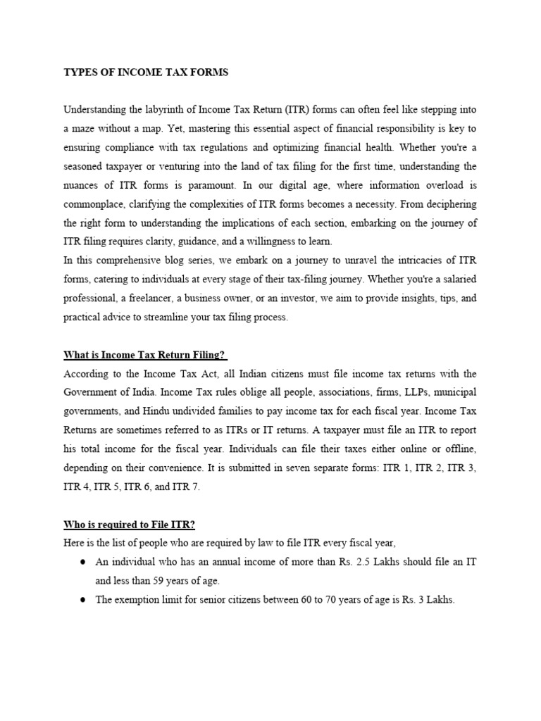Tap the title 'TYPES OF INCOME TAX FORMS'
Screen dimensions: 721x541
[x=146, y=73]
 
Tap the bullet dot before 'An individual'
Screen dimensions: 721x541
[x=83, y=563]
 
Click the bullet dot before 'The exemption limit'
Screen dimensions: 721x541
[x=83, y=600]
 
